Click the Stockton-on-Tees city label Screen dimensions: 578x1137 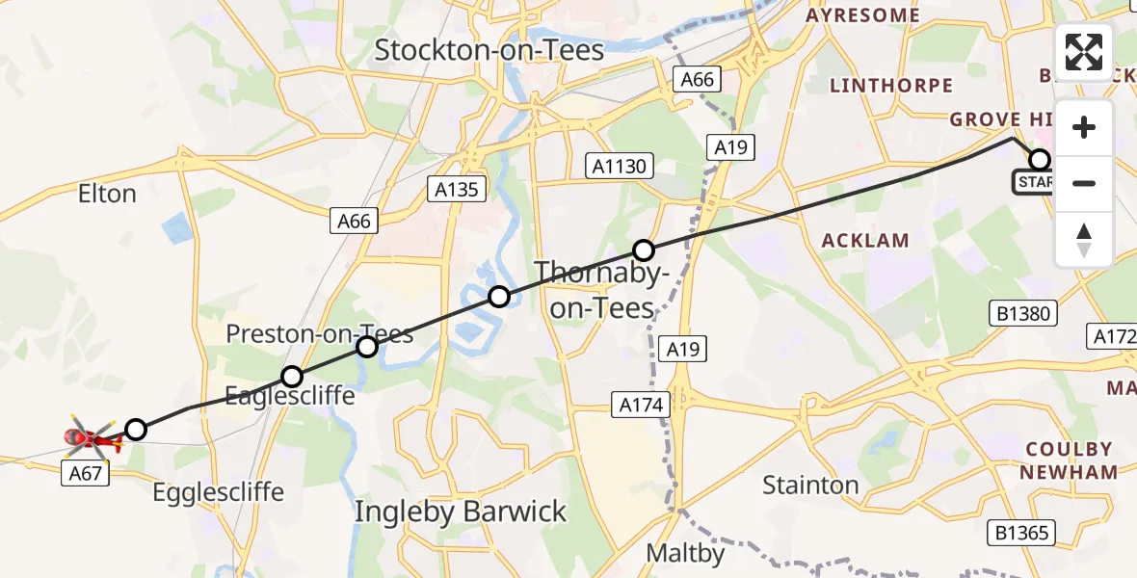click(489, 50)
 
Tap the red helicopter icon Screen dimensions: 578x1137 click(92, 439)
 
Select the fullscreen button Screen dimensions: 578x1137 click(1084, 51)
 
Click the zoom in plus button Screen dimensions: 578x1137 click(1084, 127)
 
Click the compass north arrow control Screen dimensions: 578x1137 click(1084, 239)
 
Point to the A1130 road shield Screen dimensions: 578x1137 click(620, 167)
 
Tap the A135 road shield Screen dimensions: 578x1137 click(457, 190)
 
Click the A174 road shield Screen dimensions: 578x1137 click(641, 406)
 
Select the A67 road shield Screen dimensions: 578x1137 click(86, 473)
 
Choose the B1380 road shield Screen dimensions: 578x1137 click(1023, 313)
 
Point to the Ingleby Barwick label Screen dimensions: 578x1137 click(461, 512)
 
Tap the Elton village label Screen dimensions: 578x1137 click(107, 194)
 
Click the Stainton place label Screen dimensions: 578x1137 click(810, 485)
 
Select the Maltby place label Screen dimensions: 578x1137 click(684, 554)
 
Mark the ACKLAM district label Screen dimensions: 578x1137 click(864, 241)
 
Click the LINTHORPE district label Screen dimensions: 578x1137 click(891, 86)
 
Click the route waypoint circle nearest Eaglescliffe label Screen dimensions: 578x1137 click(292, 377)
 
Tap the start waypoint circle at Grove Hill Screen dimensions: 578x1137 click(1040, 160)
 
